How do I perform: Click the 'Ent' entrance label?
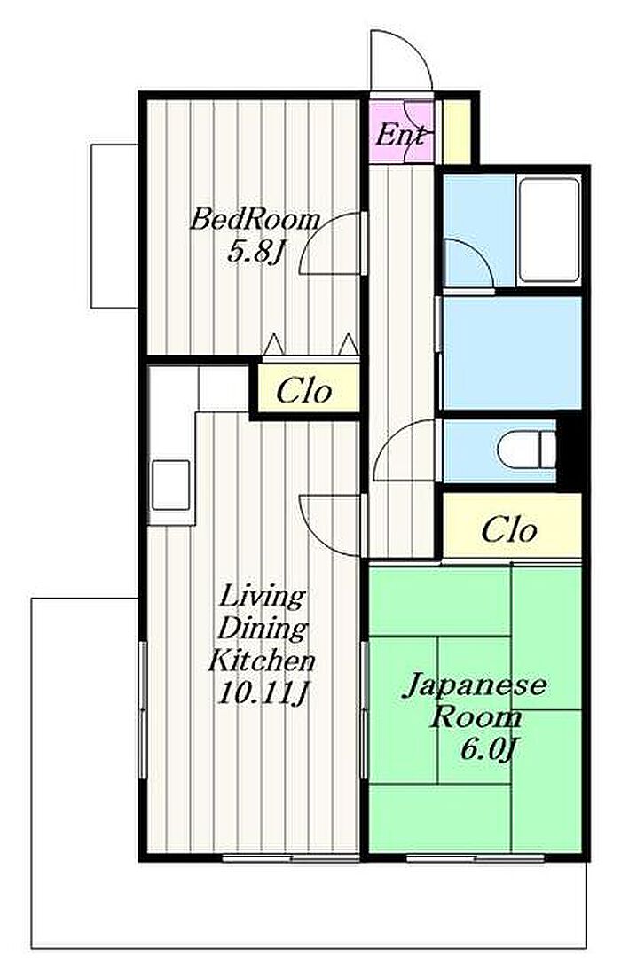(401, 135)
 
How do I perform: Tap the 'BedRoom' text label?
(255, 220)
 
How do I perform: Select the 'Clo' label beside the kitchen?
(304, 391)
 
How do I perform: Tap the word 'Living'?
(262, 597)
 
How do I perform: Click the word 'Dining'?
(263, 629)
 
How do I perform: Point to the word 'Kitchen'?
(262, 661)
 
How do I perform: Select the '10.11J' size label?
(263, 693)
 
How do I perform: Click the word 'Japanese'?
(475, 686)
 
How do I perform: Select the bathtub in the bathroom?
(549, 231)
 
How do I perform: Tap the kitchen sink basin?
(169, 485)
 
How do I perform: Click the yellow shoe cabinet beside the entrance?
(456, 131)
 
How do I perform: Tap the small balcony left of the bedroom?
(114, 226)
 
